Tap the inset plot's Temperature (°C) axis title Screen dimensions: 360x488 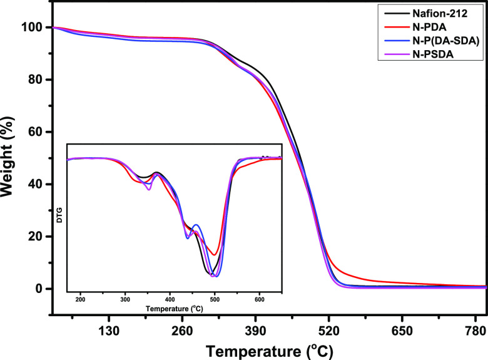[x=175, y=309]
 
